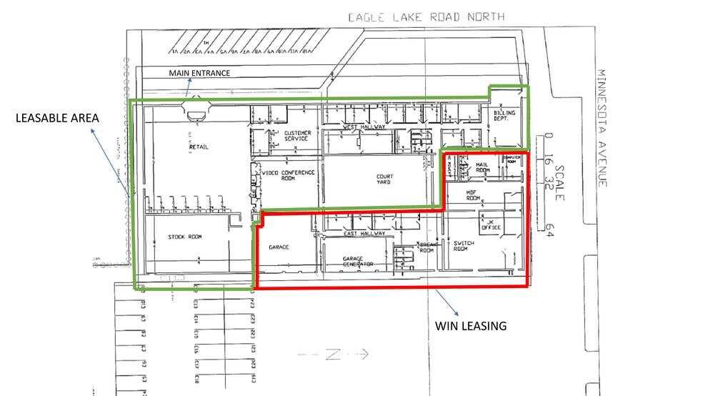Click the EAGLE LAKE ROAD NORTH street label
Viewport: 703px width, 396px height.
(x=426, y=16)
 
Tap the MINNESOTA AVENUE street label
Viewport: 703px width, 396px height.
(x=602, y=129)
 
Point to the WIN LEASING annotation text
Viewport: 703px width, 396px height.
(x=471, y=326)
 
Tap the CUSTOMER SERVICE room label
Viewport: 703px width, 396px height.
(x=296, y=136)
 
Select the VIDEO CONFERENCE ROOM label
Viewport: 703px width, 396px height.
(x=289, y=177)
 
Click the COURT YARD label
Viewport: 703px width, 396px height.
(x=385, y=179)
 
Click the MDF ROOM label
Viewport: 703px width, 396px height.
(x=473, y=196)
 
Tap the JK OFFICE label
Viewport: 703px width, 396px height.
(x=490, y=225)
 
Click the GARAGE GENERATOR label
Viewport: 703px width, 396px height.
(x=358, y=262)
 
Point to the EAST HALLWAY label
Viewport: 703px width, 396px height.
(x=364, y=233)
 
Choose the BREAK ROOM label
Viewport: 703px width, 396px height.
(x=427, y=247)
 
